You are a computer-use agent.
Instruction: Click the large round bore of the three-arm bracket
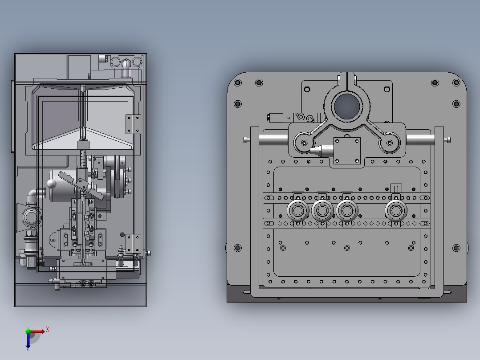347,107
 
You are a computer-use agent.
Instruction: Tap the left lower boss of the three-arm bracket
304,143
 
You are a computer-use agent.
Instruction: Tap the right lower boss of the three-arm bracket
390,143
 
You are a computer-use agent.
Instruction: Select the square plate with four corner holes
347,151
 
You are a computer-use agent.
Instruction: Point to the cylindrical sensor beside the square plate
321,151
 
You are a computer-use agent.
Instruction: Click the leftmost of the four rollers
298,210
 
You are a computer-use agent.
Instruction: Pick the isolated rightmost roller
396,210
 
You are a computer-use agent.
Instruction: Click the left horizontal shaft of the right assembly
273,140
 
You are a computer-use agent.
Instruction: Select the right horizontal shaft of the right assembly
420,140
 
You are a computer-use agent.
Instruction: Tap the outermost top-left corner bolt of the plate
238,82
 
